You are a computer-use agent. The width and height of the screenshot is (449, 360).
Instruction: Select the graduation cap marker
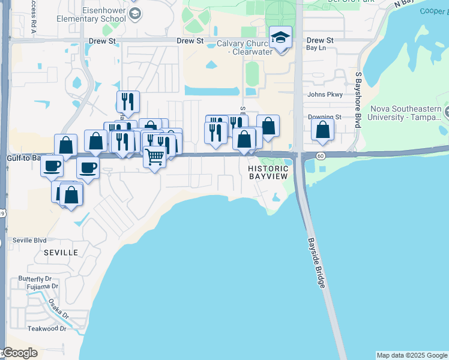click(280, 38)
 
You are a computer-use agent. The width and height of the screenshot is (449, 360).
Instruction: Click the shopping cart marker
click(155, 157)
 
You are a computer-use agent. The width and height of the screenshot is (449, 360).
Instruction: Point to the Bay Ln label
click(316, 48)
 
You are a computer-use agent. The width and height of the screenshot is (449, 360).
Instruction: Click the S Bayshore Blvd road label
click(358, 100)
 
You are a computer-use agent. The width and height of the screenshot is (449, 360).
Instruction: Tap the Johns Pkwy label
click(324, 95)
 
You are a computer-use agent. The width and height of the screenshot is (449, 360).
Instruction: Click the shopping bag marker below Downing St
click(323, 130)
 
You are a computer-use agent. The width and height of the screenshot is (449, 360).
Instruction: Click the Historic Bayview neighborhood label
click(268, 172)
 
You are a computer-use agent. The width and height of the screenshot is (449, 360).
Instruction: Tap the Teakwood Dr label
click(47, 329)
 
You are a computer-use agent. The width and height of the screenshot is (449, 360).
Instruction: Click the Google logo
click(20, 353)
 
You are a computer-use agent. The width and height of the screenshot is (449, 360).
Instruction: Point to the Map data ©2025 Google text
click(412, 355)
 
